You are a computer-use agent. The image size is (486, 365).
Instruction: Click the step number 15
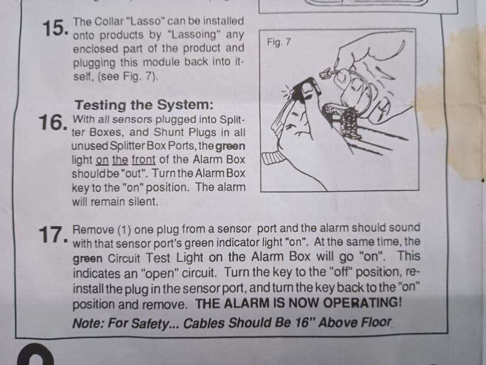pos(55,28)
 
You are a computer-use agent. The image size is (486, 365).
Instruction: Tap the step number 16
pos(52,123)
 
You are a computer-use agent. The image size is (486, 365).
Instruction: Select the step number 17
pos(53,235)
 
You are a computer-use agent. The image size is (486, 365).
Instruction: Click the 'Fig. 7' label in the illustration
pos(279,42)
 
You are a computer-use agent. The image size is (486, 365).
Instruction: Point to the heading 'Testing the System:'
pos(144,105)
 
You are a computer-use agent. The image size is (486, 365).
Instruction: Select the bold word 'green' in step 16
pos(230,146)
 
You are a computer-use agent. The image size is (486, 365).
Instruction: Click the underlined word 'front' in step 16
pos(143,159)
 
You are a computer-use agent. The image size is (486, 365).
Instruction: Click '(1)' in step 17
pos(125,230)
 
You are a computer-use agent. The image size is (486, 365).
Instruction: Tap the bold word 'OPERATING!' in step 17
pos(362,302)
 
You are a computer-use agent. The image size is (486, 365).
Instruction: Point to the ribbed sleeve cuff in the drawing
pos(273,157)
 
